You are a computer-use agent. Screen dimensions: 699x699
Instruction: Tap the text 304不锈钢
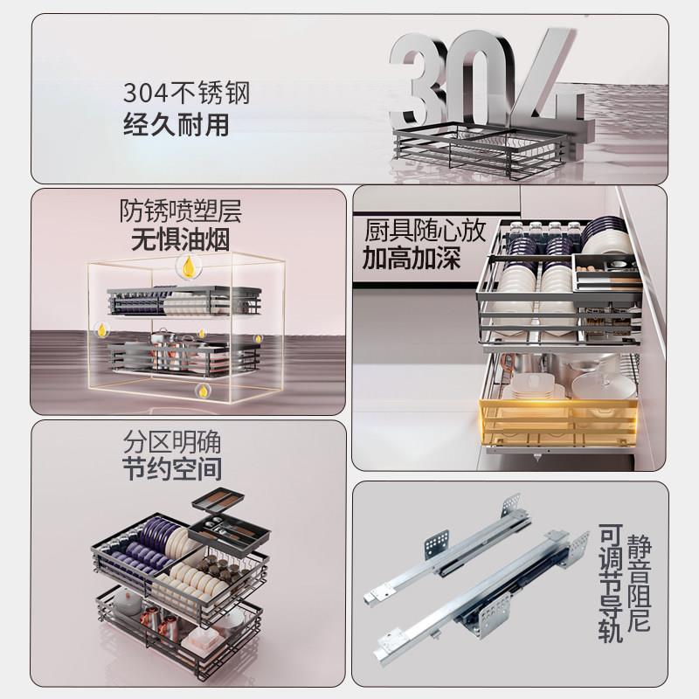tap(186, 93)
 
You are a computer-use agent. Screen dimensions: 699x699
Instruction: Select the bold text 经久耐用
tap(176, 124)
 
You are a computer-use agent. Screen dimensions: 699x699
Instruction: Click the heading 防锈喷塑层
tap(181, 211)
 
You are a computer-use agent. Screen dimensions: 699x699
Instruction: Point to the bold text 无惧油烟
tap(181, 240)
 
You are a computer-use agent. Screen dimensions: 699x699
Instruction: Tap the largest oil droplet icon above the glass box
tap(189, 267)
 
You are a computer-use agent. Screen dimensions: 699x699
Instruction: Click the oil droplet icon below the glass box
tap(203, 391)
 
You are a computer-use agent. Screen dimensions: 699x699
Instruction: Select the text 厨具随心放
tap(425, 231)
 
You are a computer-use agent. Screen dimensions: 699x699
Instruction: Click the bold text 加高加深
tap(411, 258)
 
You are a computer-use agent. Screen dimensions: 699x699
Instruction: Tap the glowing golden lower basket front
tap(558, 423)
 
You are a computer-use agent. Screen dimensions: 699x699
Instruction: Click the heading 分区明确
tap(172, 441)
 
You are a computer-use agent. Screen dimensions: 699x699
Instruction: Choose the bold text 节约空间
tap(172, 468)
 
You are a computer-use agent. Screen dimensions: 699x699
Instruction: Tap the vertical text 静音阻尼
tap(639, 583)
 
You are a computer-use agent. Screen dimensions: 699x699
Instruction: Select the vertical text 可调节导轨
tap(610, 583)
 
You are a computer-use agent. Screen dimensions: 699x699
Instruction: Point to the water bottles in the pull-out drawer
tap(548, 231)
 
